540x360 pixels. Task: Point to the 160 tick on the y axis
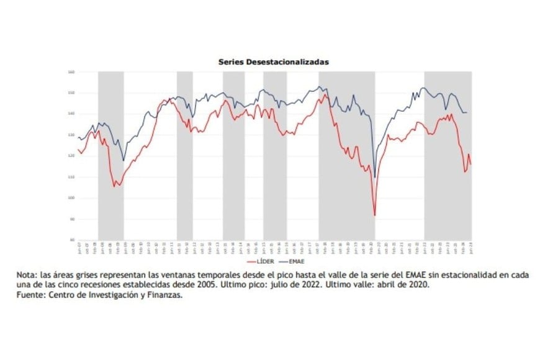[x=71, y=72]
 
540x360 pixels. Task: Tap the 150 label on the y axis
[x=71, y=93]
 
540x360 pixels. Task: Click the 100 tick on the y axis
[x=71, y=198]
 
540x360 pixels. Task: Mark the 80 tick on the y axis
[x=71, y=240]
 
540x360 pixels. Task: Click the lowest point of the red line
[x=375, y=215]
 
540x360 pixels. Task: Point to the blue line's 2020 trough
[x=375, y=178]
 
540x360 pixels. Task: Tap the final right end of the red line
[x=470, y=164]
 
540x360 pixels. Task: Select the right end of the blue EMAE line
[x=467, y=112]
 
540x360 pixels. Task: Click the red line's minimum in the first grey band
[x=114, y=186]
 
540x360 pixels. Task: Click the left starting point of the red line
[x=78, y=150]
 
